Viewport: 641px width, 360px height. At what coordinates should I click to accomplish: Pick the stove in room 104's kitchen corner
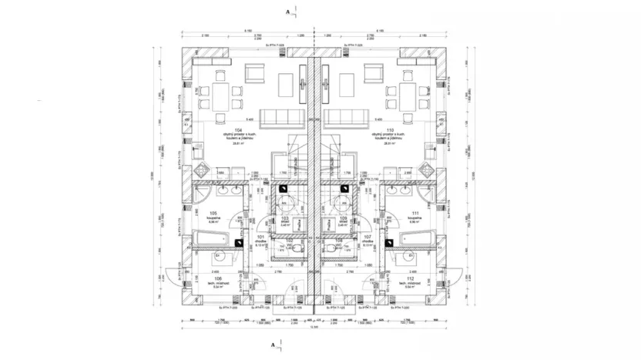coord(199,170)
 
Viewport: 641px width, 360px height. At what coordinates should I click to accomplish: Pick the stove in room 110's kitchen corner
coord(428,170)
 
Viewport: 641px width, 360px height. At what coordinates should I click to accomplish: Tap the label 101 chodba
coord(261,239)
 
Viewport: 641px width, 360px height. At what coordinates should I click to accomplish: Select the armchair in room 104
coord(254,74)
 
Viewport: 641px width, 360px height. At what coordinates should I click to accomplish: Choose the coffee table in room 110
coord(344,82)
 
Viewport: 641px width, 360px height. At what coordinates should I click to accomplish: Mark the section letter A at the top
coord(287,12)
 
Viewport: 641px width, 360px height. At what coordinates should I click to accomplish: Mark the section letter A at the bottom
coord(287,347)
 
